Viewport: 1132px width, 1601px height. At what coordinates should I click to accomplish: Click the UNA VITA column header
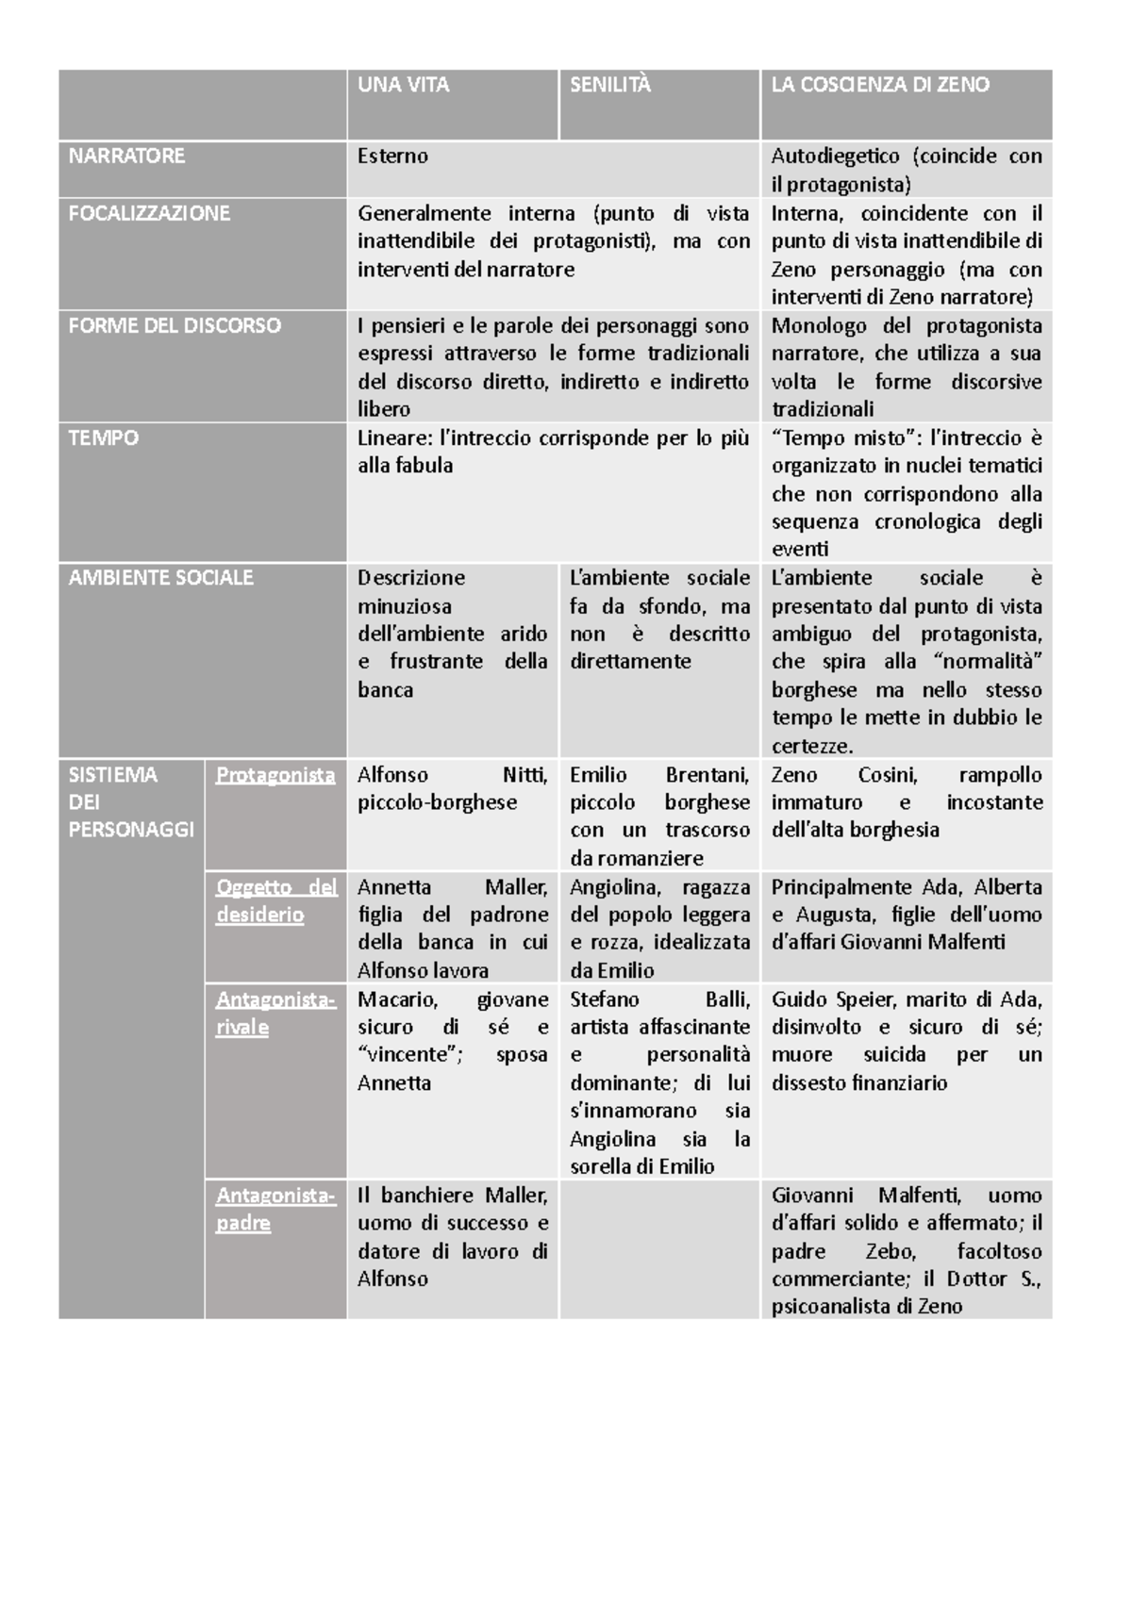[404, 85]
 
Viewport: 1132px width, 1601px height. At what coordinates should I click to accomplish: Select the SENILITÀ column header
[610, 85]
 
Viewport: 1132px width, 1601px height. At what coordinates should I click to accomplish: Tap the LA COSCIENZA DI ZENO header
[880, 85]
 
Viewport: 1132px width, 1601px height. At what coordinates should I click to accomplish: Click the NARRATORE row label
[126, 157]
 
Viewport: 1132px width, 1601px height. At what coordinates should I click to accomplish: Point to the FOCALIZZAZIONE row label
[149, 213]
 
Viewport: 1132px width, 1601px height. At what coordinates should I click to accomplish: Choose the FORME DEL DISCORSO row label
[175, 326]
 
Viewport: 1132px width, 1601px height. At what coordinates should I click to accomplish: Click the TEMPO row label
[104, 438]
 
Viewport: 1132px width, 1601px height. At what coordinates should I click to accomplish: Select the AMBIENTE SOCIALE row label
[160, 578]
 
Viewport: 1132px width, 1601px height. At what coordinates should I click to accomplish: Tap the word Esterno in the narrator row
[392, 157]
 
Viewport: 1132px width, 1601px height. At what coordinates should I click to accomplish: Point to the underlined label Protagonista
[275, 775]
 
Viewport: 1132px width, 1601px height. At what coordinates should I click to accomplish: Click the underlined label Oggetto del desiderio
[275, 901]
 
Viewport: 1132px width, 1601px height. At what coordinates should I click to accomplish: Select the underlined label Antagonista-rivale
[275, 1014]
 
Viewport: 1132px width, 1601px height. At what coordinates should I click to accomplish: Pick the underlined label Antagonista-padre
[275, 1210]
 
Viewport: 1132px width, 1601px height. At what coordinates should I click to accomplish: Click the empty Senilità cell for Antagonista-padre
[659, 1249]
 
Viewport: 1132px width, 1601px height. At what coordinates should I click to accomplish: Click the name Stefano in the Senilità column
[605, 999]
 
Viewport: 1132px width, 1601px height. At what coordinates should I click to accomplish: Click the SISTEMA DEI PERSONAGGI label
[131, 802]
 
